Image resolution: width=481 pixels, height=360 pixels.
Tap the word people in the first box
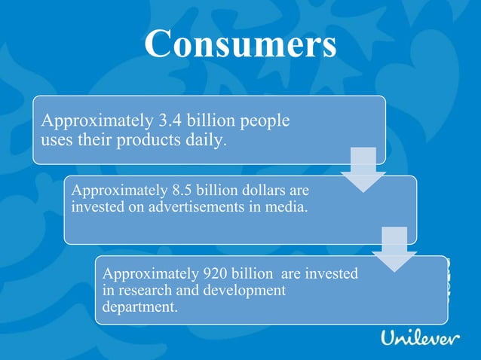pos(265,121)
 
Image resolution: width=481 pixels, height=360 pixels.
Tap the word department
pos(139,307)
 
